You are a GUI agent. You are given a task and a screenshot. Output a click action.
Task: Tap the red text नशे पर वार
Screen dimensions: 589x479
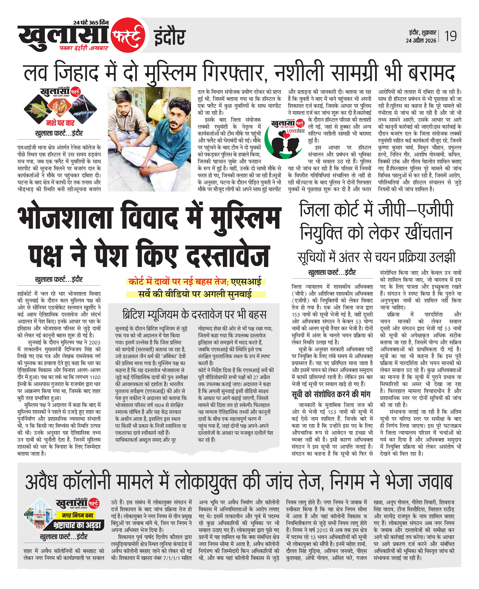(x=60, y=123)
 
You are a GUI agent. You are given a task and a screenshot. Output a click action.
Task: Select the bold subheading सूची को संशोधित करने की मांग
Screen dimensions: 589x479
(x=331, y=394)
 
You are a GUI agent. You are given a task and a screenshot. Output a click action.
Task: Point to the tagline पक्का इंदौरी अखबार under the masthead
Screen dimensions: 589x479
(x=84, y=48)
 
